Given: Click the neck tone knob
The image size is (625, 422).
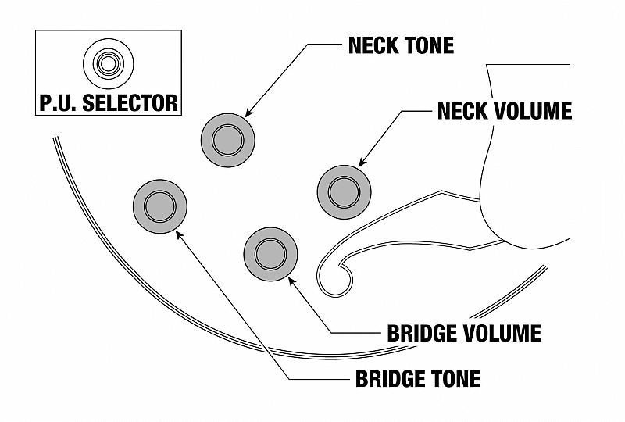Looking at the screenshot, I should click(228, 141).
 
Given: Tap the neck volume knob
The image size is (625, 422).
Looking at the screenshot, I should click(345, 191).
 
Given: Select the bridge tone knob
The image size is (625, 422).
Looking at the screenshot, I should click(160, 206).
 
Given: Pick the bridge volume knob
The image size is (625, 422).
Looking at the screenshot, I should click(271, 253).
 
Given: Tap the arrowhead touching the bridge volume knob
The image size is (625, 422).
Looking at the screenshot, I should click(291, 276).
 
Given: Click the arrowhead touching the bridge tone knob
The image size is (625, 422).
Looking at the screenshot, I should click(180, 232).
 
